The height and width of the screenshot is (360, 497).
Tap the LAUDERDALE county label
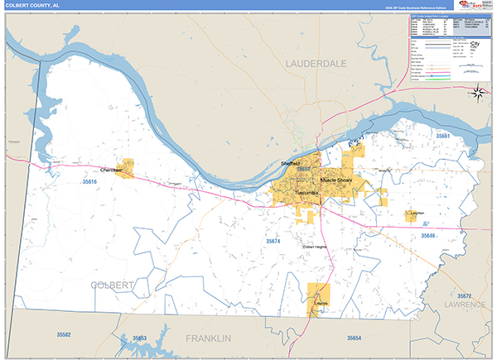coord(317,63)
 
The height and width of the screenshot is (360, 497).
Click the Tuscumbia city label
coord(306,193)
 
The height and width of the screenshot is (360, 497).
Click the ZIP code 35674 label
coord(273,241)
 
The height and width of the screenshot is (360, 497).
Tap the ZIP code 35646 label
coord(427,236)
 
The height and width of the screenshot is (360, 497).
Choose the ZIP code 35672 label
coord(464,295)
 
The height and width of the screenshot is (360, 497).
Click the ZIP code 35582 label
coord(64,334)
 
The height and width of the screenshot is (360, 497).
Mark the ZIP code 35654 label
coord(354,338)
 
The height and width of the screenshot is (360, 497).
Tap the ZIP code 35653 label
coord(139,338)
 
